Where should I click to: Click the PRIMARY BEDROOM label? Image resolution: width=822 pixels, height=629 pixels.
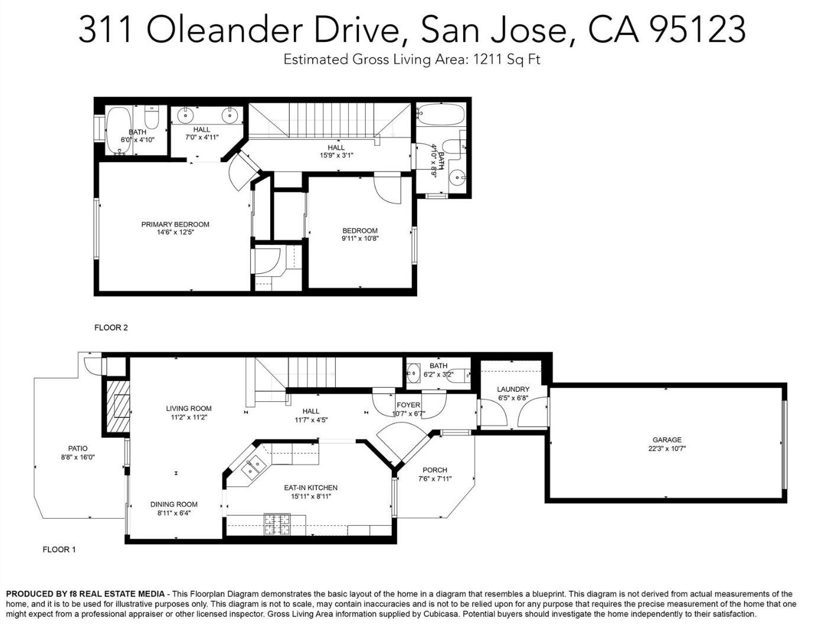coord(175,224)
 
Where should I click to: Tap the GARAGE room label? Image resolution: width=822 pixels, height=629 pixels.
coord(667,440)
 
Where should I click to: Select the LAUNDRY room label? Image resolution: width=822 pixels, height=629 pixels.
coord(513,389)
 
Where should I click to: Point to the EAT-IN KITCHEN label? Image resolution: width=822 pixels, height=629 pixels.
coord(310,487)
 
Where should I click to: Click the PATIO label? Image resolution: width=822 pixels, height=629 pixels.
coord(78,448)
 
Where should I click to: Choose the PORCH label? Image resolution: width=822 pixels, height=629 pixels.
coord(435,470)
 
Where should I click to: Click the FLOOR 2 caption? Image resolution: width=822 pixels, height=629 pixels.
coord(111,327)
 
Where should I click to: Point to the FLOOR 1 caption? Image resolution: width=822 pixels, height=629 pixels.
coord(59,549)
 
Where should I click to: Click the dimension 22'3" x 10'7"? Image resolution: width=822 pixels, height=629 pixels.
coord(667,448)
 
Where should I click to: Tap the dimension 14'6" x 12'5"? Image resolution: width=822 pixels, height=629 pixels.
coord(175,232)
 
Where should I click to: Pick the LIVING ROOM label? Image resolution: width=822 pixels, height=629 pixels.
coord(189,408)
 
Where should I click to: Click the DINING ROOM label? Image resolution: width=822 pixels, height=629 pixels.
coord(173,504)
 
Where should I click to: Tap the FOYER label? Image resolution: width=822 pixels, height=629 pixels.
coord(408,405)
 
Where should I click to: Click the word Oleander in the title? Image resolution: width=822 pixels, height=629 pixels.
coord(224,30)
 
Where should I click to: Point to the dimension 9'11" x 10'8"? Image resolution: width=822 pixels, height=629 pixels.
coord(361,238)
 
